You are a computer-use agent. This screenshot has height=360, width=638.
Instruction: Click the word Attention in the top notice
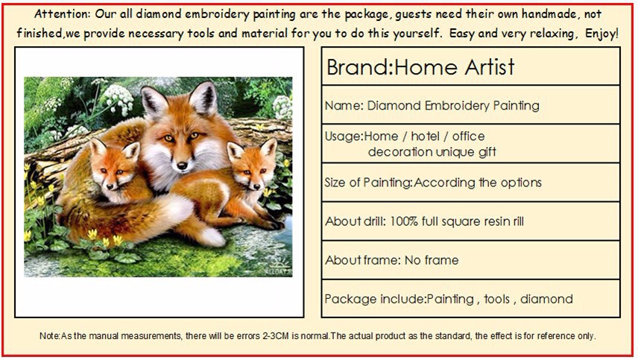(62, 14)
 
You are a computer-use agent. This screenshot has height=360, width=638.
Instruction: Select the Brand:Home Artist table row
(470, 67)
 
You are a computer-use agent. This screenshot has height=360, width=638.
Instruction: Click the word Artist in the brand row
(485, 67)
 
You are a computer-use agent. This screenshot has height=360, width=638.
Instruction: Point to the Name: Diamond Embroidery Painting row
(470, 105)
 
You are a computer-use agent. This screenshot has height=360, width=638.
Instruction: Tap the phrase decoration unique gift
(432, 152)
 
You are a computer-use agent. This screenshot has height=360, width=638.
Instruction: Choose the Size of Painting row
(470, 183)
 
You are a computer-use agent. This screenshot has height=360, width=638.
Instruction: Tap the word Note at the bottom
(48, 336)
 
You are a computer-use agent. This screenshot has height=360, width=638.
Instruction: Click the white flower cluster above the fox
(116, 97)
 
